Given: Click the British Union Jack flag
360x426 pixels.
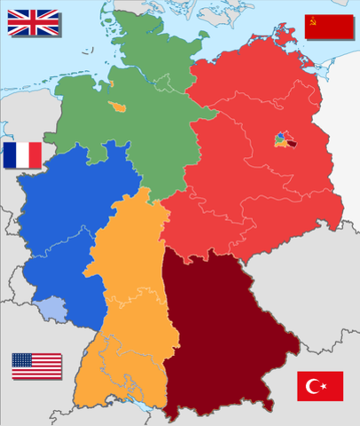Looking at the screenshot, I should (32, 22).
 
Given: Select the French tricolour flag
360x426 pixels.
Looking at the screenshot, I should (22, 155).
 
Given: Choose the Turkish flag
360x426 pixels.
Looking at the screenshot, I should (320, 386).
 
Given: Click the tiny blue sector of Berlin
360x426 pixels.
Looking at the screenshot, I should (280, 137).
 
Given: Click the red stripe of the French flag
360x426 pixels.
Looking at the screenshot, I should (35, 155).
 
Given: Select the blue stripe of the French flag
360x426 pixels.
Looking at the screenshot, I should (10, 155).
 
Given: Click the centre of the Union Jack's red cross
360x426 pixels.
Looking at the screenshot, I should (32, 22).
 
